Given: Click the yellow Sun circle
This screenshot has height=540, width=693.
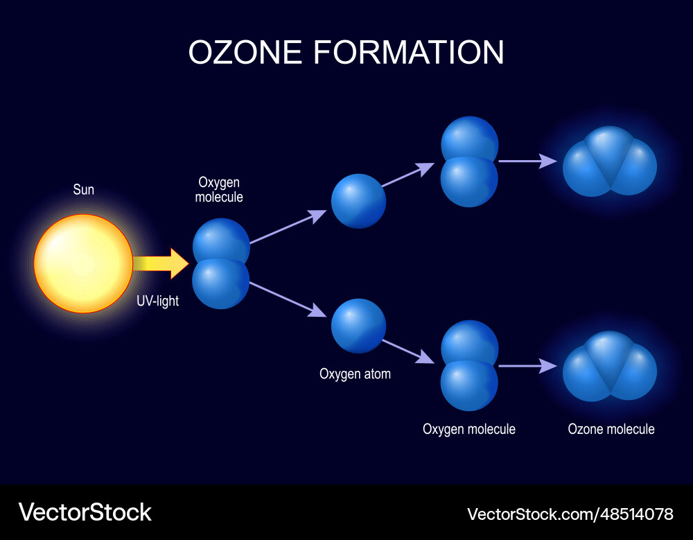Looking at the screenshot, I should coord(83,263).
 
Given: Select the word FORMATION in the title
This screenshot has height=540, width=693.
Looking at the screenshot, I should coord(409,53).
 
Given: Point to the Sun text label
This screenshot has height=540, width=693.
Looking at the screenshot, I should coord(84,189).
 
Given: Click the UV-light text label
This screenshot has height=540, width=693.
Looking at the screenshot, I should coord(158,302).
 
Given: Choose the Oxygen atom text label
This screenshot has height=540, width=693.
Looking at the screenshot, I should coord(355,374).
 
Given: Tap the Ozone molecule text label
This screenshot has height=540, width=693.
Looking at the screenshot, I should coord(611,429).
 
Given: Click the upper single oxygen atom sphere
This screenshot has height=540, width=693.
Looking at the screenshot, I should coord(358,201).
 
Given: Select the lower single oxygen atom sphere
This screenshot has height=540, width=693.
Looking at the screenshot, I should coord(358,326).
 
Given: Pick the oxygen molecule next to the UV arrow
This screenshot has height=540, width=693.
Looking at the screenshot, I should coord(221,263).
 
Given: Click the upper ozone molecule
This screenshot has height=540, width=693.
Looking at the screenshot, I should coord(610,161).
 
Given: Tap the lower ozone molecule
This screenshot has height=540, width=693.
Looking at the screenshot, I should coord(610,366).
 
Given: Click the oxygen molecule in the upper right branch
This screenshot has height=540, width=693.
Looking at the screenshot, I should coord(470,161).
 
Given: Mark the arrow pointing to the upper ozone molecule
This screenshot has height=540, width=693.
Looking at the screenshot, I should coord(527,161).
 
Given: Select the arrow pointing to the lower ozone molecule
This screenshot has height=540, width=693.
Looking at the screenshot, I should coord(527,365).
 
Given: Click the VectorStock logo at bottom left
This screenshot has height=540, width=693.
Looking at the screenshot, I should coord(85,513).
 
